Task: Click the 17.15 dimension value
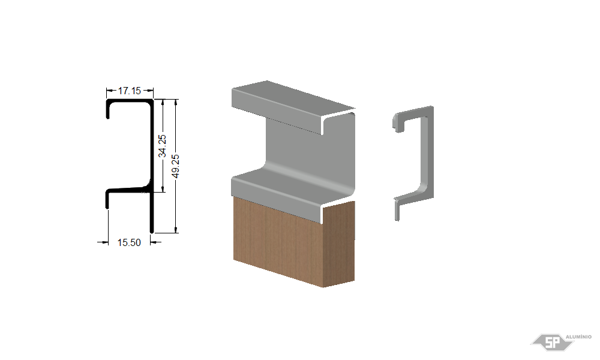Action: click(x=130, y=91)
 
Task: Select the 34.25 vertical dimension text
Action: click(x=162, y=146)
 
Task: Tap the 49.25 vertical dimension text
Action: click(x=175, y=166)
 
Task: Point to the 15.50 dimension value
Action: click(x=129, y=242)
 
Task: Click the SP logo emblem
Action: click(x=552, y=342)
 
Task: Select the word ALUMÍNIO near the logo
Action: click(x=578, y=337)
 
